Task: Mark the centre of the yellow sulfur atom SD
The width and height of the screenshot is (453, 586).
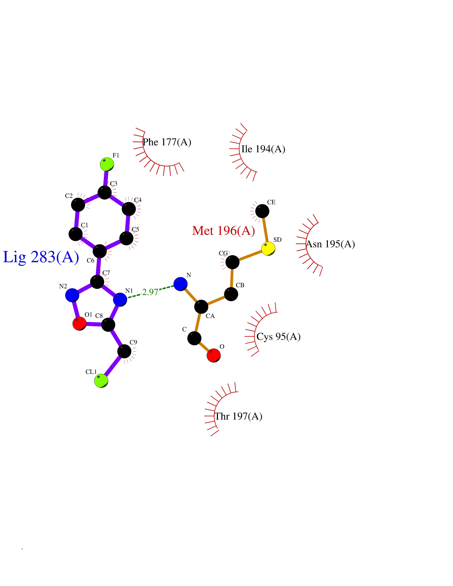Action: pos(268,249)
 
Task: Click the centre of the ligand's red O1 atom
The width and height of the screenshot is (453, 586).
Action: pos(79,324)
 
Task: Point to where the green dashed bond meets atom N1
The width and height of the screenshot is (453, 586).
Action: pos(127,298)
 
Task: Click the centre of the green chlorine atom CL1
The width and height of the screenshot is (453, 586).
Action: pos(101,381)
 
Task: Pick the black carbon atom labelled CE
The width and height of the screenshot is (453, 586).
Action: pos(262,211)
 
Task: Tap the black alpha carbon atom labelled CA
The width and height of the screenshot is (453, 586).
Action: pos(201,307)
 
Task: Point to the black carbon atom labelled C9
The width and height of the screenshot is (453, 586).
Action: pos(124,351)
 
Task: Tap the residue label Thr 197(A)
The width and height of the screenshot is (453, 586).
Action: pos(238,416)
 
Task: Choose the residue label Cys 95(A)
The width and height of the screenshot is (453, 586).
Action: pos(279,336)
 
